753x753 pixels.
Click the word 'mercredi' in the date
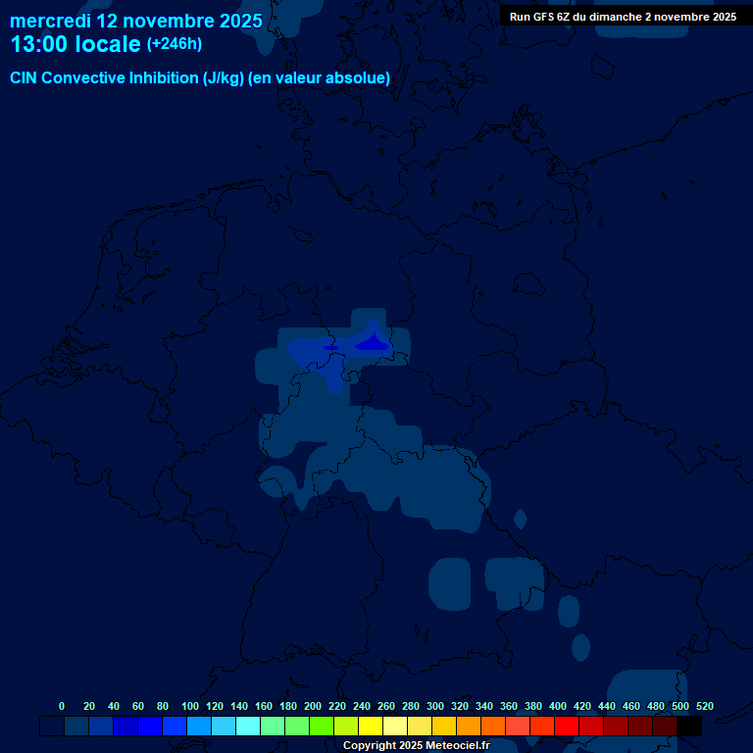pyautogui.click(x=50, y=21)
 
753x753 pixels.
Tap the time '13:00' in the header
pyautogui.click(x=39, y=45)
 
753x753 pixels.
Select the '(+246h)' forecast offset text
pyautogui.click(x=174, y=44)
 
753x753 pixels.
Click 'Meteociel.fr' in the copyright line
pyautogui.click(x=451, y=746)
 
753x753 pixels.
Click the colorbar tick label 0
pyautogui.click(x=62, y=707)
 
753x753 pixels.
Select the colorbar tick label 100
pyautogui.click(x=190, y=707)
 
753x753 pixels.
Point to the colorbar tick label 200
pyautogui.click(x=313, y=707)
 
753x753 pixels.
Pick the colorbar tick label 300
pyautogui.click(x=435, y=707)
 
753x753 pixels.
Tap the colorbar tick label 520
pyautogui.click(x=704, y=707)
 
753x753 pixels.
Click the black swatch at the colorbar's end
pyautogui.click(x=689, y=727)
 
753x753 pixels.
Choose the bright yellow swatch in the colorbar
pyautogui.click(x=371, y=727)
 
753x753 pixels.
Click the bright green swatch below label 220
pyautogui.click(x=322, y=727)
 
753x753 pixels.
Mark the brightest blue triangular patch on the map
pyautogui.click(x=373, y=342)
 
